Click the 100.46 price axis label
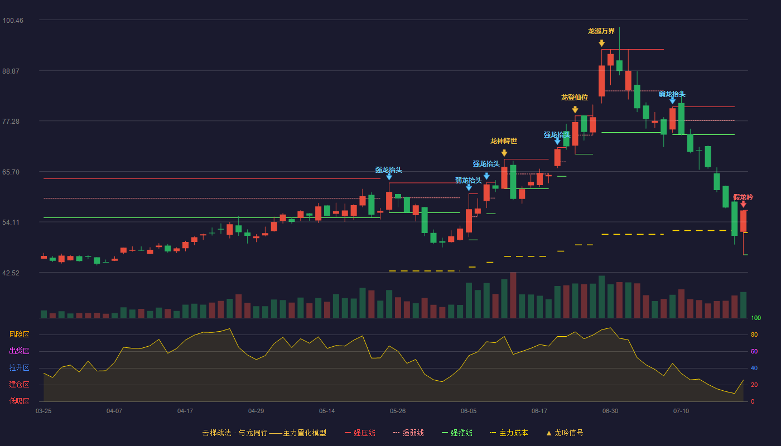[x=13, y=21]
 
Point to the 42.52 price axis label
[x=11, y=273]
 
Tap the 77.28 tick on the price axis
[x=11, y=122]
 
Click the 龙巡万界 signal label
[x=601, y=31]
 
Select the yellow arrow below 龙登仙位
[x=575, y=109]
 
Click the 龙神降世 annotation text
[x=503, y=140]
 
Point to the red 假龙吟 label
[x=743, y=197]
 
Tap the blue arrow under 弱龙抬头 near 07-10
[x=673, y=101]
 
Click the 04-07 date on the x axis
[x=114, y=411]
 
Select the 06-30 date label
[x=610, y=411]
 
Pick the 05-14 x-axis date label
[x=327, y=411]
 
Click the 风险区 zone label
[x=19, y=334]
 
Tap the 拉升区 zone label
[x=19, y=368]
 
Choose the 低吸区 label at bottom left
[x=19, y=401]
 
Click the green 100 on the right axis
[x=756, y=318]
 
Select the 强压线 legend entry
[x=360, y=433]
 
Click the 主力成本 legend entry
[x=509, y=433]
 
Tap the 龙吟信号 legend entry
[x=565, y=433]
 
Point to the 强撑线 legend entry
[x=457, y=433]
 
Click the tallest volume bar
[x=513, y=295]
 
